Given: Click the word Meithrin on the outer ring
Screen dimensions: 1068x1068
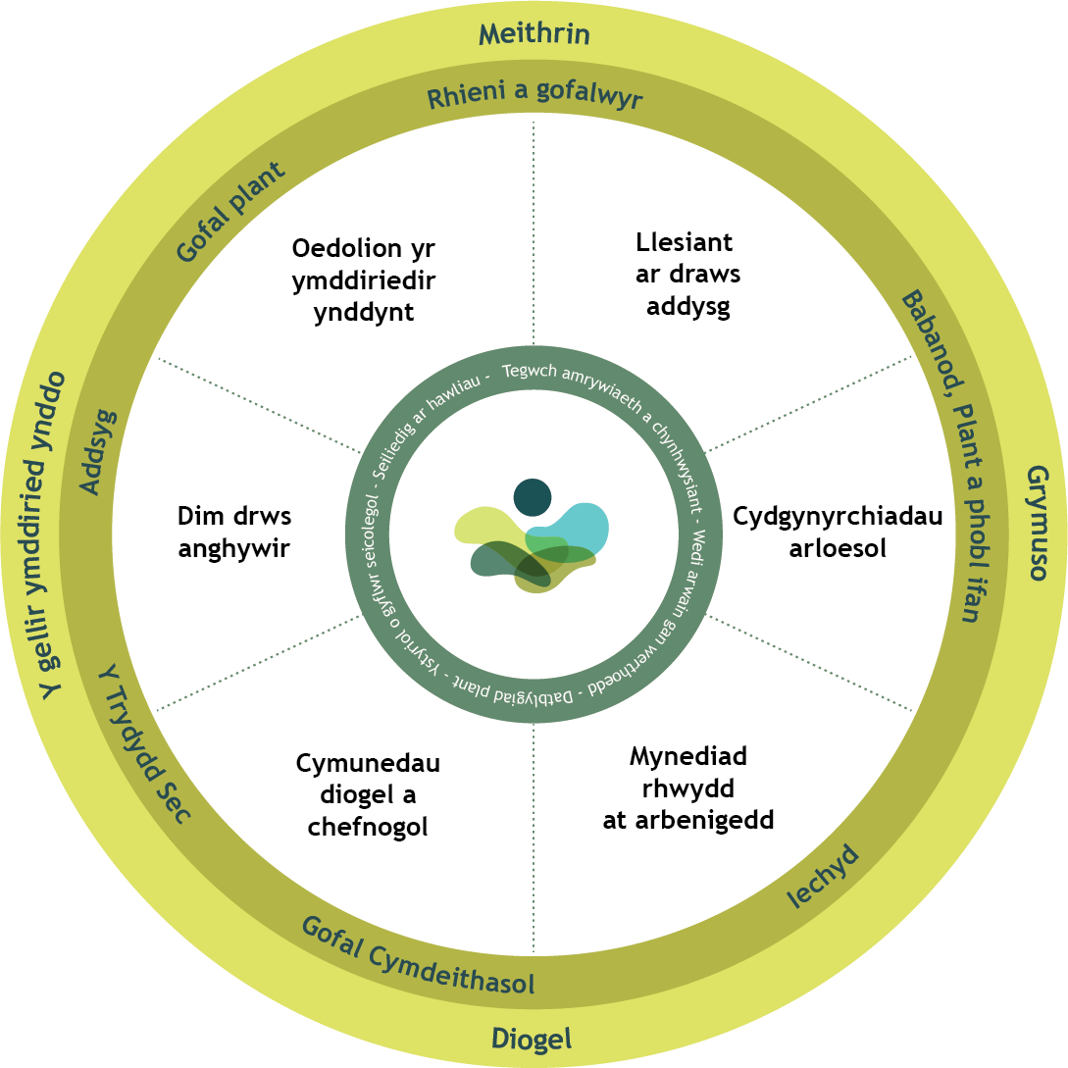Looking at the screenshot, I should (534, 35).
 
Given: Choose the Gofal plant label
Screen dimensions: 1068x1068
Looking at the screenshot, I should (231, 212).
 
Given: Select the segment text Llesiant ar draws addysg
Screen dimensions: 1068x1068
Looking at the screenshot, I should (687, 275).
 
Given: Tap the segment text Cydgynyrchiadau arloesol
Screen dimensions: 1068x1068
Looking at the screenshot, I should (838, 532).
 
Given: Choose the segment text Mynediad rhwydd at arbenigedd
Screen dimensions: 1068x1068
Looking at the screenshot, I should (688, 788).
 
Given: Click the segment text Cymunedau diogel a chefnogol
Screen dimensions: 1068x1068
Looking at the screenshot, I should (368, 794).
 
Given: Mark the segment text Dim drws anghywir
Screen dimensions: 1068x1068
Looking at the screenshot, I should (234, 532).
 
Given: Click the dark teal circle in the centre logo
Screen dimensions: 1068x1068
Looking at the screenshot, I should (533, 496).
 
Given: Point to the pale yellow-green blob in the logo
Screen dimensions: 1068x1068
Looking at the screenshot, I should (481, 525).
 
